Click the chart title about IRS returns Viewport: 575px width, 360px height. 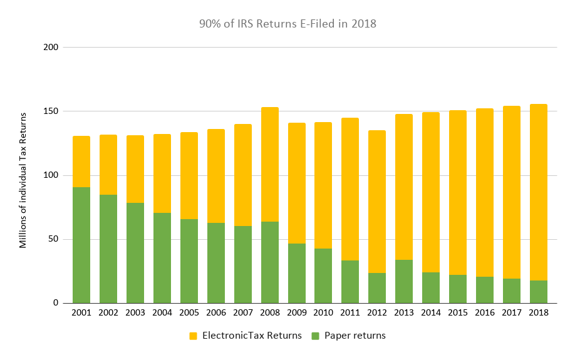287,24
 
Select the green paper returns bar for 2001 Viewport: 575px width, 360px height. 81,245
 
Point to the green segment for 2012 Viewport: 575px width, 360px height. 377,287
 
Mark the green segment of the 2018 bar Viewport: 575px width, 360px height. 539,291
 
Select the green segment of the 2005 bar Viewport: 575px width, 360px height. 189,260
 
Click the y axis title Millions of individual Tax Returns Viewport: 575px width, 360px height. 23,180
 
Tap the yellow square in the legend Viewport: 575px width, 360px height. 193,336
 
